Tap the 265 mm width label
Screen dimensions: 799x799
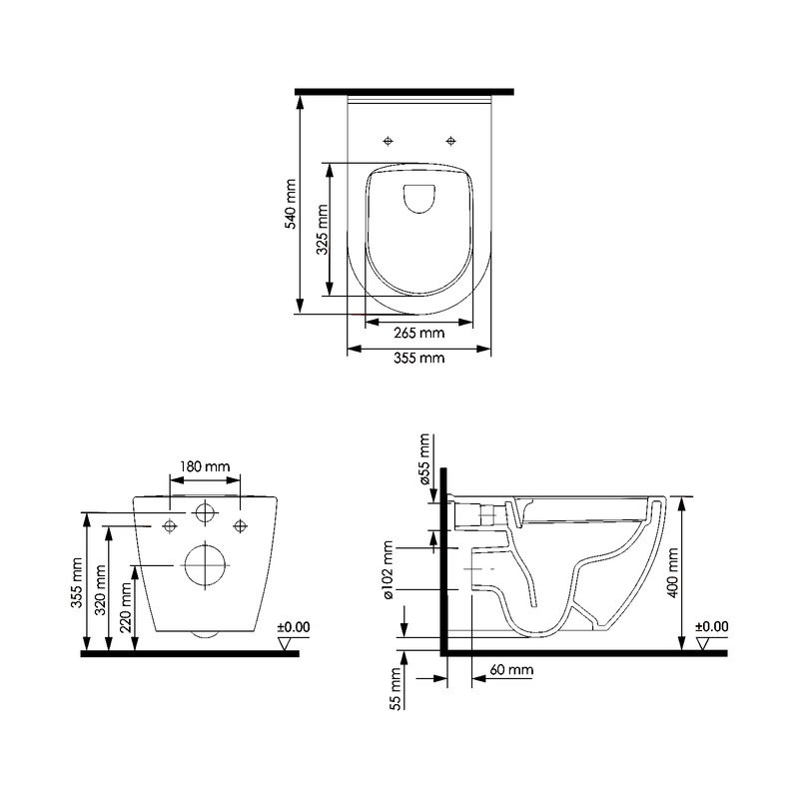418,334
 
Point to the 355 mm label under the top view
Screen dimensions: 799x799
418,359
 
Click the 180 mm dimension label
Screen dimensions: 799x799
205,466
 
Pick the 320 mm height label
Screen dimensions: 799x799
101,590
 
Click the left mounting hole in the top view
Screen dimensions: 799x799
390,139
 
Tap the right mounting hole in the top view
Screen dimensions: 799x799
450,139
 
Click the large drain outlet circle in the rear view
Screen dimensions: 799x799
205,566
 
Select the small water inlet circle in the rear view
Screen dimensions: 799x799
205,513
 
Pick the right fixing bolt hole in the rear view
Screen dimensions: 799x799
239,524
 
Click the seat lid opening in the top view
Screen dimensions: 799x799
418,200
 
